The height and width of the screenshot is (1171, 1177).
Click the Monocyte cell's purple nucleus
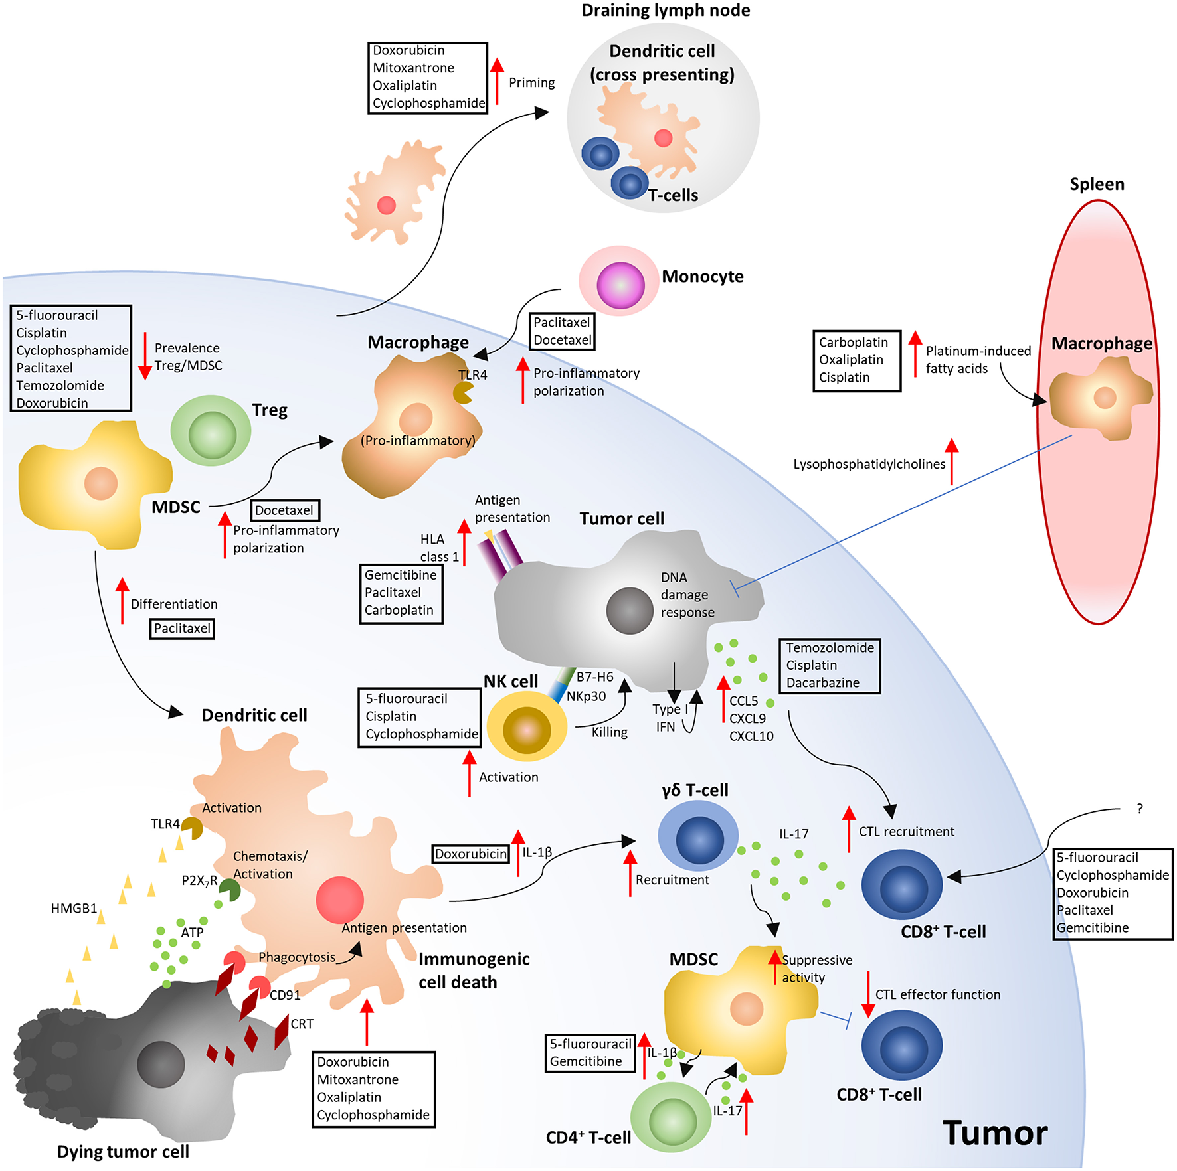pos(620,285)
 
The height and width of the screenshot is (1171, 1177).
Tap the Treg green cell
pos(211,431)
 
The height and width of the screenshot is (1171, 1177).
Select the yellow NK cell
pos(527,726)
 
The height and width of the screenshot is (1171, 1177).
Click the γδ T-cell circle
pos(698,836)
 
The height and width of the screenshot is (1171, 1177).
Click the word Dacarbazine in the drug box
pos(822,682)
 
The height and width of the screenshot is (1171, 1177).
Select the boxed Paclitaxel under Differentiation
pos(182,628)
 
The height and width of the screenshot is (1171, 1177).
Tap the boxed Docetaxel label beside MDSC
pos(285,510)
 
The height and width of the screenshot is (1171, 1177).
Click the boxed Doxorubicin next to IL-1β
pos(471,854)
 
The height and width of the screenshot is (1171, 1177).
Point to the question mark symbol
pos(1140,809)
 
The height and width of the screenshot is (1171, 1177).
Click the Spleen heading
pos(1097,184)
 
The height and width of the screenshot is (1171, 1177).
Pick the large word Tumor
pos(994,1132)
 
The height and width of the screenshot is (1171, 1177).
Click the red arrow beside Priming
pos(497,81)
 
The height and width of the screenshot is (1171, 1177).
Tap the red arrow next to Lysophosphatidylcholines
pos(952,461)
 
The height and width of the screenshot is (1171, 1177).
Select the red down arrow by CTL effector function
pos(867,994)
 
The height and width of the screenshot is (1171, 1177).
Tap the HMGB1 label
pos(74,908)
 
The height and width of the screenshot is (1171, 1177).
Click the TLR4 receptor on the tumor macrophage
pos(463,392)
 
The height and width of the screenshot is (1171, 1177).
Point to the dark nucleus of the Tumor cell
pos(630,610)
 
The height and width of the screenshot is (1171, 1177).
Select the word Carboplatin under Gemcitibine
pos(399,610)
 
